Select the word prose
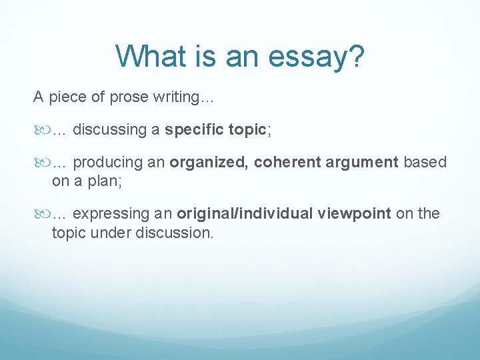tap(129, 97)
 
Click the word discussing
tap(111, 130)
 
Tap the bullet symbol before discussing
tap(41, 130)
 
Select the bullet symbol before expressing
tap(41, 214)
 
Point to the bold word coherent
tap(287, 162)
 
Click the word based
tap(425, 162)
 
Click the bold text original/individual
tap(245, 213)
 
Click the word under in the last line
tap(113, 233)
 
